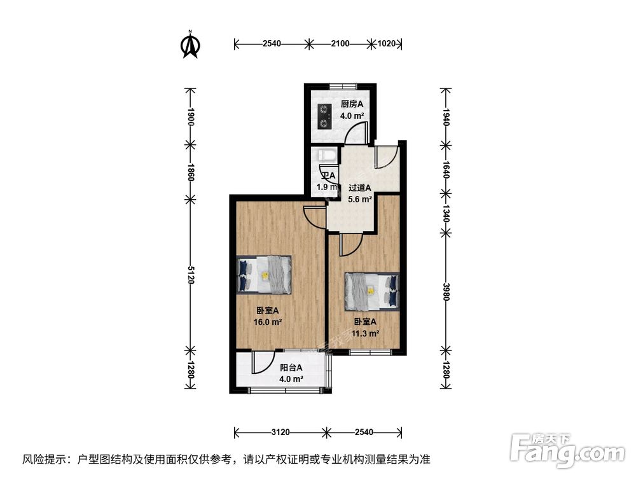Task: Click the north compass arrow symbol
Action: point(190,45)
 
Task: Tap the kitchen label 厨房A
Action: point(351,104)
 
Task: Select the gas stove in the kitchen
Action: point(325,116)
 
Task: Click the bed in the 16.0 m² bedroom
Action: point(264,274)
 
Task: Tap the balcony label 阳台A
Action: point(291,368)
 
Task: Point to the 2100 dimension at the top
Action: point(340,44)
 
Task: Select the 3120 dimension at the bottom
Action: point(280,432)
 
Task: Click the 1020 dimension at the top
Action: point(387,44)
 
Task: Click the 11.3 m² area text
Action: point(367,333)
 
